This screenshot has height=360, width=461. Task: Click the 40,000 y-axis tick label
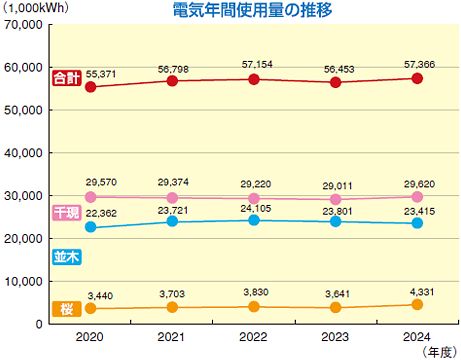(x=22, y=152)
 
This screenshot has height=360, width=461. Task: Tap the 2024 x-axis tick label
(x=417, y=338)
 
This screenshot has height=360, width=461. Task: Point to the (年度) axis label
(x=437, y=352)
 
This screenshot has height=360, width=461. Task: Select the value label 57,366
(x=417, y=62)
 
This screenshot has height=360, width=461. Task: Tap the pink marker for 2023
(x=336, y=199)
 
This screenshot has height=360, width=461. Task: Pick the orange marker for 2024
(x=417, y=306)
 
